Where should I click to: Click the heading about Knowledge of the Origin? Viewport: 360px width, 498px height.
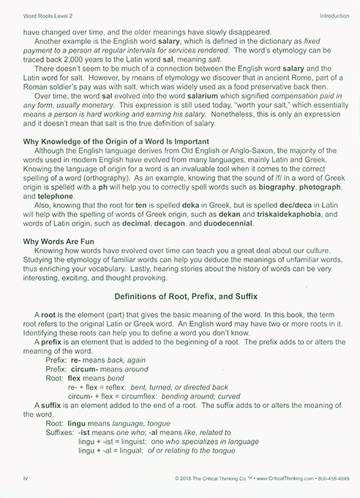(x=116, y=140)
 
